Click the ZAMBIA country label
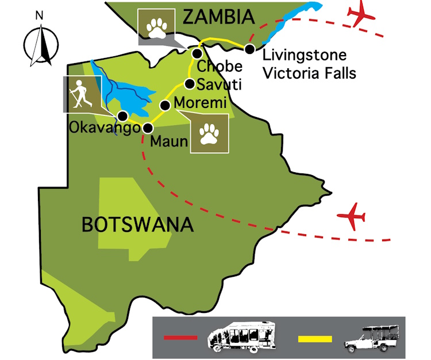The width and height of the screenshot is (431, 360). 218,17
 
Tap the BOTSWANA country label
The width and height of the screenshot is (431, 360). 137,224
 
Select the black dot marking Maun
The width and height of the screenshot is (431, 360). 148,128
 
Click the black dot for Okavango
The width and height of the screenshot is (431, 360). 122,115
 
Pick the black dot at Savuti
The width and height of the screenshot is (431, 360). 189,84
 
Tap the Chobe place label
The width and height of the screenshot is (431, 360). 215,67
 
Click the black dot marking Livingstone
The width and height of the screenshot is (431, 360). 249,49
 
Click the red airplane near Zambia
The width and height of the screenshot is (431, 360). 361,14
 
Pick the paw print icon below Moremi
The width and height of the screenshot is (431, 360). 209,133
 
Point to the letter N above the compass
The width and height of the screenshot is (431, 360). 40,16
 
